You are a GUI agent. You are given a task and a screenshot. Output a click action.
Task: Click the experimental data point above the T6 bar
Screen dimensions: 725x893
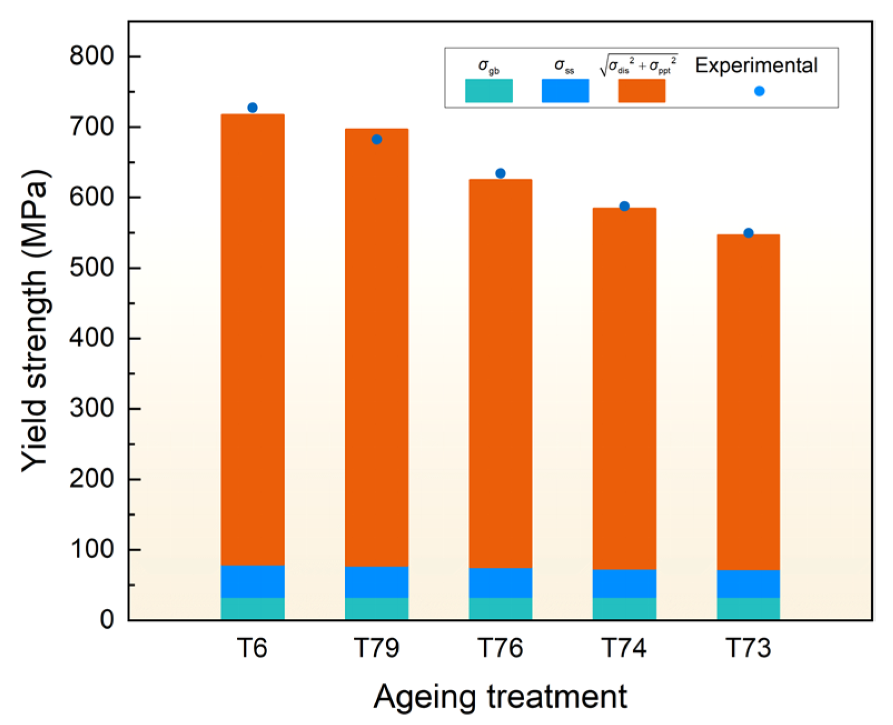tap(253, 108)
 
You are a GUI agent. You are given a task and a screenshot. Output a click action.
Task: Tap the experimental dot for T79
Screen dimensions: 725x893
tap(377, 140)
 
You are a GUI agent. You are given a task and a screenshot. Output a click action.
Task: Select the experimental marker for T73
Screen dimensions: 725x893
tap(748, 233)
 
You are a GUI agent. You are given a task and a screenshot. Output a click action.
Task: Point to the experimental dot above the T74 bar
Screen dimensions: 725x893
tap(624, 206)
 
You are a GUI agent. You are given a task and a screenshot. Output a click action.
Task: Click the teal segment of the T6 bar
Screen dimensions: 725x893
tap(253, 609)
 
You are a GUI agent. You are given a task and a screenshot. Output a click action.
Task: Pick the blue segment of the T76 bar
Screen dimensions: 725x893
tap(500, 583)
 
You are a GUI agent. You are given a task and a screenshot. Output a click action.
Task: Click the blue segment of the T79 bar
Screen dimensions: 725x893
tap(377, 582)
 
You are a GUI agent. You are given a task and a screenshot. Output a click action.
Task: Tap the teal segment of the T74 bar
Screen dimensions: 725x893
tap(624, 609)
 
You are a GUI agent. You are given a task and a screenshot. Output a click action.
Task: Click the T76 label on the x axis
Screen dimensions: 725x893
tap(500, 648)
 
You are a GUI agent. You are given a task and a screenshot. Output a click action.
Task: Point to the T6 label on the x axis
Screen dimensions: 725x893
tap(253, 648)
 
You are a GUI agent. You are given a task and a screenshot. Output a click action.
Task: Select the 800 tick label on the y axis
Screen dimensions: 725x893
tap(92, 56)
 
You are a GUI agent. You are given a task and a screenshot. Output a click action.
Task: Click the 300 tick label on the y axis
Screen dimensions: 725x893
tap(92, 409)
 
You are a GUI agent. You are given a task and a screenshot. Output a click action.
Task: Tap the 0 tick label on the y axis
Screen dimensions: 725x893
tap(107, 619)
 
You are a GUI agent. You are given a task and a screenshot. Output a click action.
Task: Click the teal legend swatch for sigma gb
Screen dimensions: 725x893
tap(489, 91)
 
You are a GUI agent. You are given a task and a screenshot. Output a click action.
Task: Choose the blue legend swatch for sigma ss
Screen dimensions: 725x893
tap(565, 91)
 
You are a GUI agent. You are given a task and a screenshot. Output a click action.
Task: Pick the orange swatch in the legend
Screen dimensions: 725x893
tap(642, 91)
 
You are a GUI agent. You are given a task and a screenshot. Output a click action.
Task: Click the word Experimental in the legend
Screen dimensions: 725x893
tap(756, 66)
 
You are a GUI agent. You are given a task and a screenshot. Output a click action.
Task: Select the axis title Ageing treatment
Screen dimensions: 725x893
tap(500, 697)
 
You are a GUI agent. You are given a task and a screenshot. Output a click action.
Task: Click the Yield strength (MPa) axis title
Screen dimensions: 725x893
tap(36, 321)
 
